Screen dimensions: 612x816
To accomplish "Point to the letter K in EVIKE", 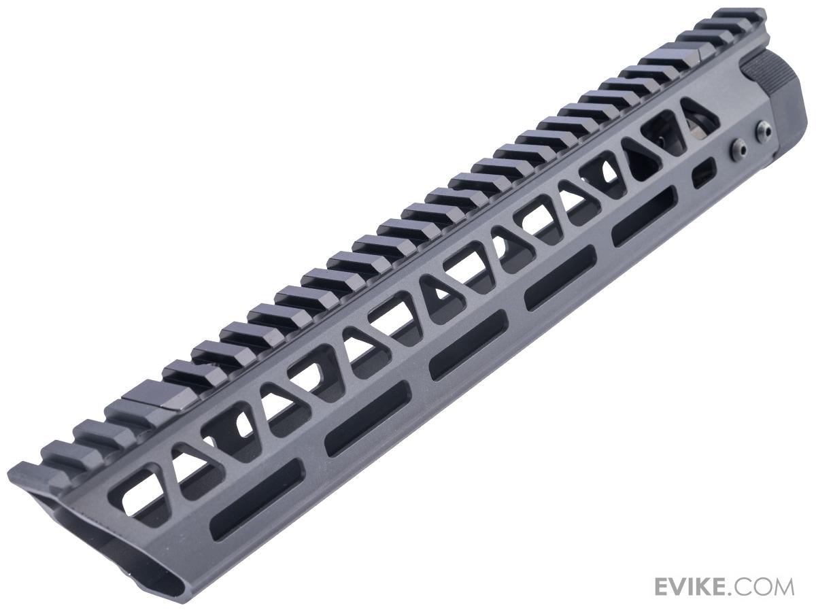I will click(711, 586).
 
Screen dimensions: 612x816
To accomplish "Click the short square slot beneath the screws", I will click(703, 173).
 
